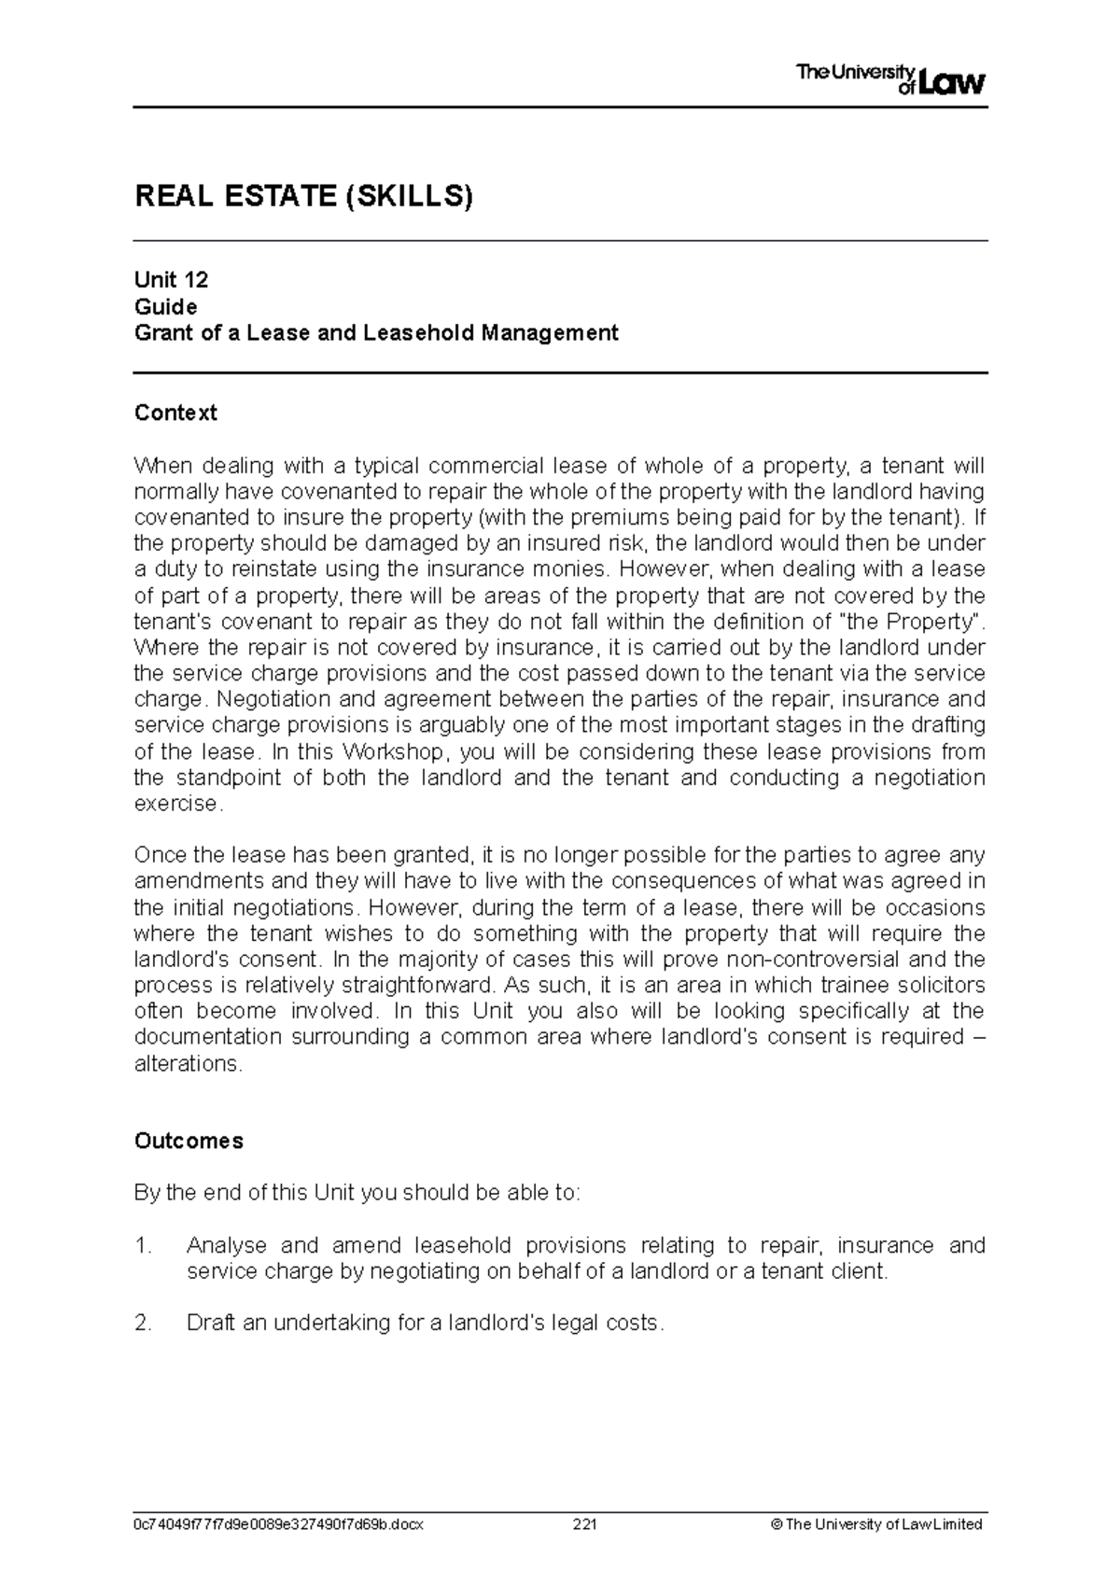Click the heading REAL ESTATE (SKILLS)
(304, 197)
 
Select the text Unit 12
(171, 280)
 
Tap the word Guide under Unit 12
(165, 306)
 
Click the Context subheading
(175, 413)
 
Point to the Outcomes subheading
(189, 1141)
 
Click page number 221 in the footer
(585, 1523)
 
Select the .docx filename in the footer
(279, 1523)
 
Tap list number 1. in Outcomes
(143, 1245)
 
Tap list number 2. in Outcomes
(143, 1323)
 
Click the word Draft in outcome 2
(211, 1323)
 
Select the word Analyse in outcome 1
(227, 1245)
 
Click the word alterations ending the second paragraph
(188, 1063)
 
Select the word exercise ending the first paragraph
(178, 804)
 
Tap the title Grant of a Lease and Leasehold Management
(376, 332)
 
